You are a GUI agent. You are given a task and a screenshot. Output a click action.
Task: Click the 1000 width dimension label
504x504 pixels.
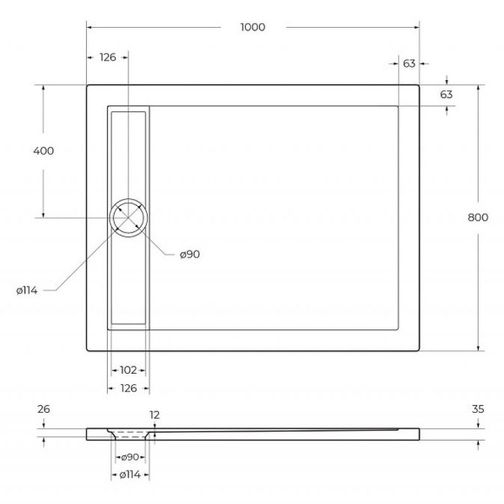tap(252, 27)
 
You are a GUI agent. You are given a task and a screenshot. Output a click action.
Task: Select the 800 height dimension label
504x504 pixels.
tap(477, 218)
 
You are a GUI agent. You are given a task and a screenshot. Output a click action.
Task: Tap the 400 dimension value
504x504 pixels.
tap(43, 150)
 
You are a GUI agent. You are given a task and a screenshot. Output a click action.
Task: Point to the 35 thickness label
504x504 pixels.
tap(477, 408)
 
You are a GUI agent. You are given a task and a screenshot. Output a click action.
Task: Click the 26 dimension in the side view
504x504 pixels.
tap(43, 408)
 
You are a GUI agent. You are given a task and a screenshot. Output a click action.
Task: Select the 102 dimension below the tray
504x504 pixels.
tap(127, 369)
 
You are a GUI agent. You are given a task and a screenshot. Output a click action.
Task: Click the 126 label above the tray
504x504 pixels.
tap(108, 57)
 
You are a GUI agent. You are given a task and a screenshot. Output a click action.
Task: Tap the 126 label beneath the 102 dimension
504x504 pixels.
tap(127, 388)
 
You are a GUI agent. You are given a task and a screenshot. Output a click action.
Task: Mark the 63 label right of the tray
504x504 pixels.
tap(447, 94)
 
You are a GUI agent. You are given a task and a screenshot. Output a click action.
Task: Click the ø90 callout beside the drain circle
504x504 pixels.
tap(190, 254)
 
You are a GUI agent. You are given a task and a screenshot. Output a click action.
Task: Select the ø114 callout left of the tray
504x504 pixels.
tap(26, 290)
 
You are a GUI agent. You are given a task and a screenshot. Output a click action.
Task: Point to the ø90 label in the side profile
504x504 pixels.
tap(130, 457)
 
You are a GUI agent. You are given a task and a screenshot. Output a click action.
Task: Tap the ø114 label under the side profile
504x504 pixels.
tap(130, 474)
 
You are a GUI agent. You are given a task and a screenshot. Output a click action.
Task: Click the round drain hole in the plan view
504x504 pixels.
tap(129, 216)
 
